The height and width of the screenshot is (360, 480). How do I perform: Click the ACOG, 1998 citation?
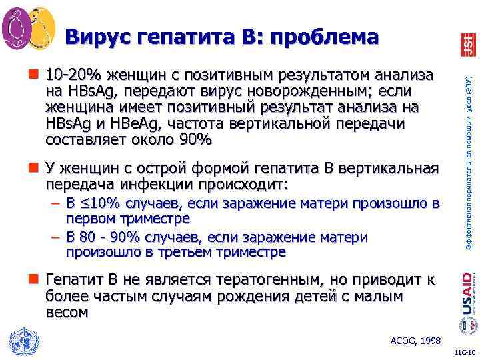[415, 341]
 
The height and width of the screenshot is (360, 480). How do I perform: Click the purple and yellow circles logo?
[28, 26]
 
